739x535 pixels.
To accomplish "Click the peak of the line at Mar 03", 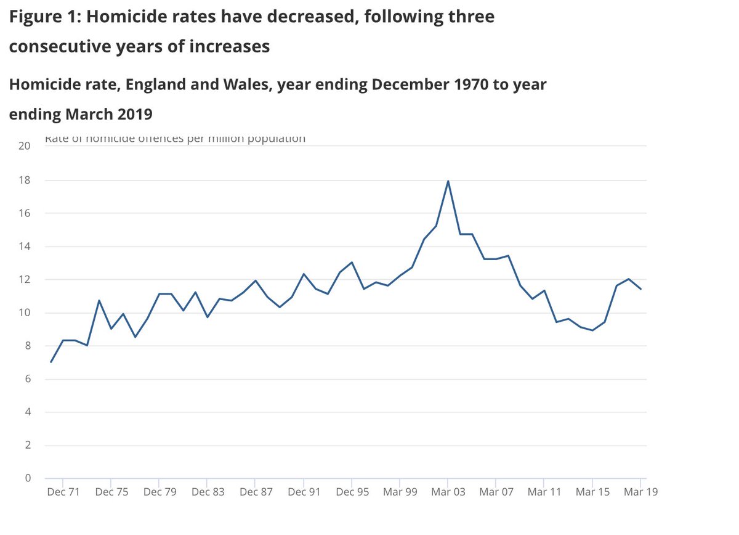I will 448,181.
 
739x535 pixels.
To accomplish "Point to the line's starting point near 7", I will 51,362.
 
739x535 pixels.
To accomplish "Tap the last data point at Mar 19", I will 640,289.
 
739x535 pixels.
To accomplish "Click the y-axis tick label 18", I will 24,180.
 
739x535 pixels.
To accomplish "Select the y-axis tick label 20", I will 24,147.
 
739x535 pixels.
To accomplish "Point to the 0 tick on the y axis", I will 27,478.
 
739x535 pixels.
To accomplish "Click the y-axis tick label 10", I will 24,312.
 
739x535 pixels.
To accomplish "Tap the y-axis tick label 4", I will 27,412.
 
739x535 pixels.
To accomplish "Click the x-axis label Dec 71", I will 63,492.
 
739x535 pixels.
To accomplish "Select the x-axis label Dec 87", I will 256,492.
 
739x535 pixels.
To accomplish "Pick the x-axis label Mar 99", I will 400,492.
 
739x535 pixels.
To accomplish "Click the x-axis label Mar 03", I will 448,492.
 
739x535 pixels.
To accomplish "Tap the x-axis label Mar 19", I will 640,492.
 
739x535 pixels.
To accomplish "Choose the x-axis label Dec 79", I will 159,492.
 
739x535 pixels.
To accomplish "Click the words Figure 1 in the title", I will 44,17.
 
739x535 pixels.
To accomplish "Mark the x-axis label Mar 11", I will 544,492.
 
